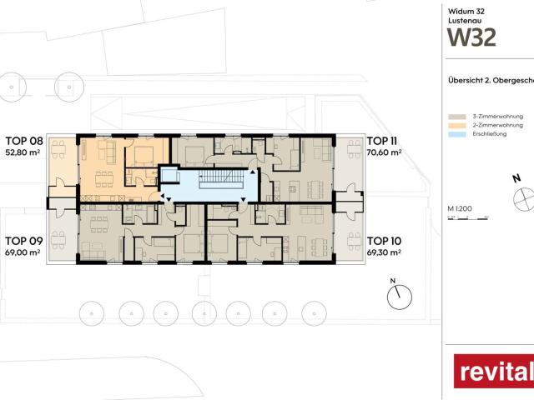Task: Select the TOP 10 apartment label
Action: (384, 240)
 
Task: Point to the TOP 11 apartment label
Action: (383, 141)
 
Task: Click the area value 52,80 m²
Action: (23, 152)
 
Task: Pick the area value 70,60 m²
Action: (384, 152)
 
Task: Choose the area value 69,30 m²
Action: (384, 251)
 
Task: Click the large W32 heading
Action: (472, 37)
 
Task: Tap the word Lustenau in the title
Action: (462, 20)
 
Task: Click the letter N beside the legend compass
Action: (516, 178)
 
